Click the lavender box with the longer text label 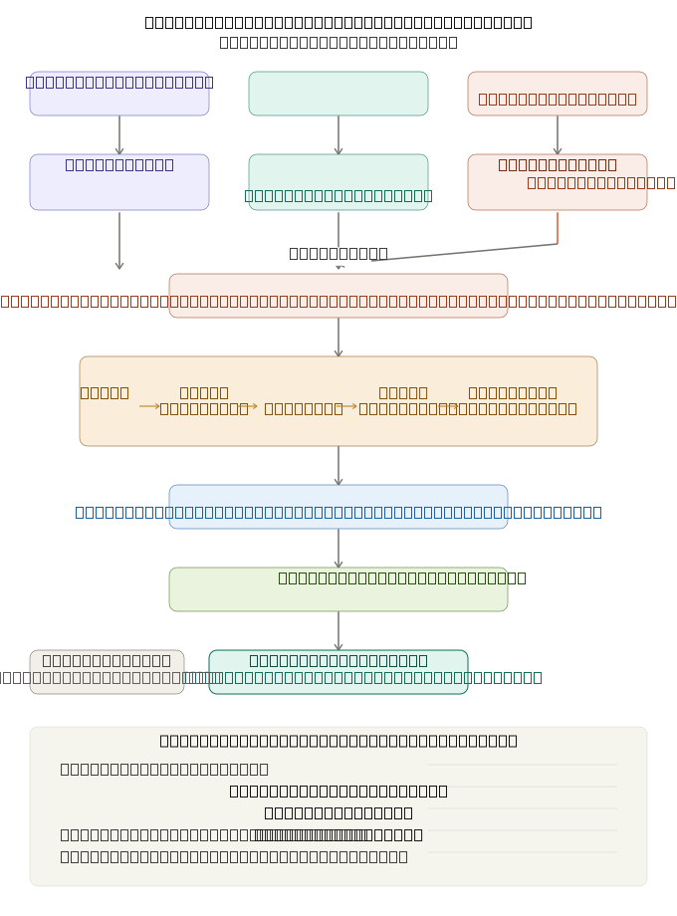[119, 94]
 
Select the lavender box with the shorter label [119, 182]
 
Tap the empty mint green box [338, 94]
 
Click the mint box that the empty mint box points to [338, 182]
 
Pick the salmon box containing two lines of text [558, 182]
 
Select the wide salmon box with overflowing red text [338, 296]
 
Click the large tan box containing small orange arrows [338, 401]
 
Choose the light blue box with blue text [338, 507]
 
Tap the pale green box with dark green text [338, 589]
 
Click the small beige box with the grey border [107, 672]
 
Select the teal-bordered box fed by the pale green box [338, 672]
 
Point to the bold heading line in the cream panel [338, 741]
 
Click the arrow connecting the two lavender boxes [119, 134]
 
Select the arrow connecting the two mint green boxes [338, 134]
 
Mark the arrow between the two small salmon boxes [558, 134]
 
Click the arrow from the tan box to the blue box [338, 465]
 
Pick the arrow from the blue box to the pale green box [338, 548]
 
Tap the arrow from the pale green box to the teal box [338, 630]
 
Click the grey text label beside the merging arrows [338, 253]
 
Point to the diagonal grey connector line [463, 252]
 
